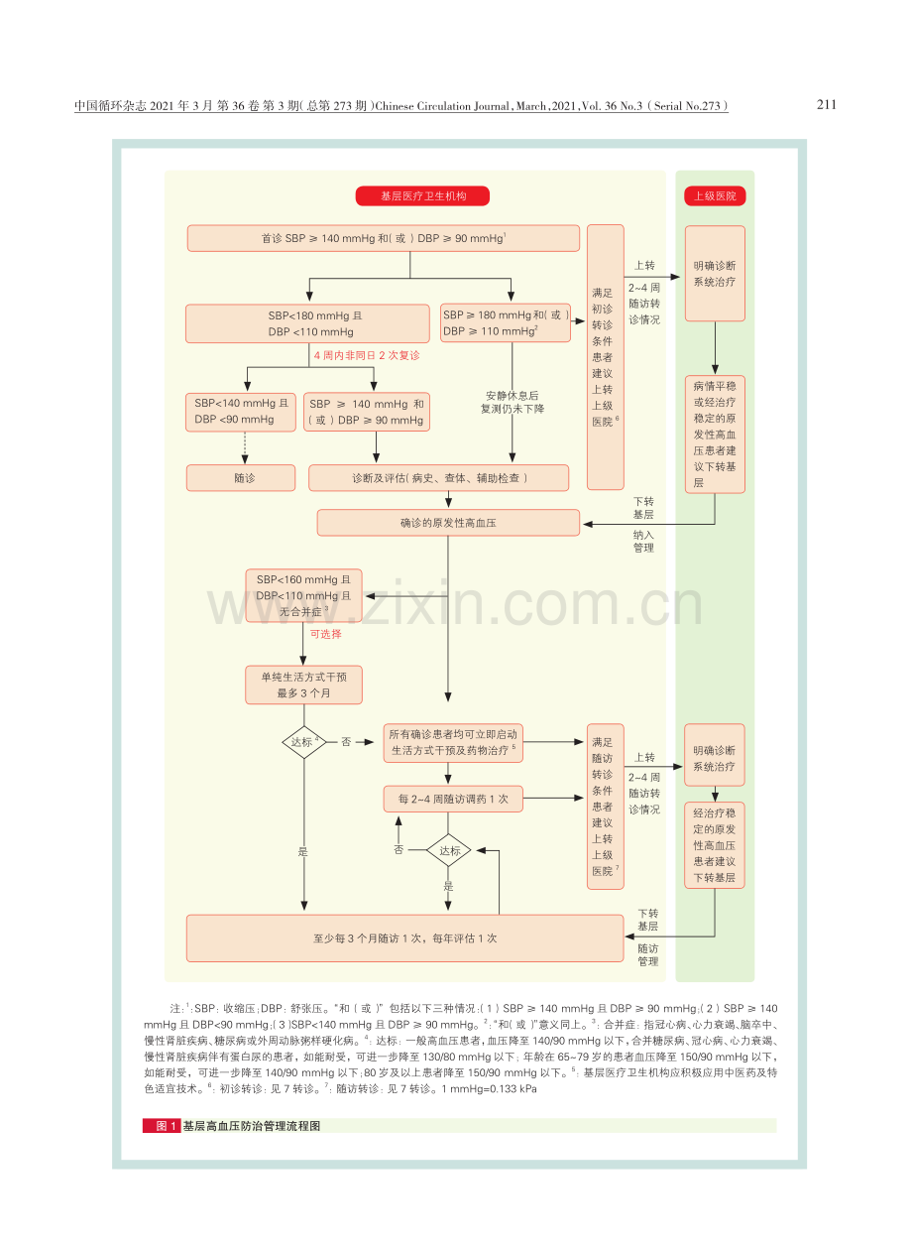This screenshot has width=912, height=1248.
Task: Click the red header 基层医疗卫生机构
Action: coord(422,196)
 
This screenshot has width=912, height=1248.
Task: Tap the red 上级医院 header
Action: coord(715,196)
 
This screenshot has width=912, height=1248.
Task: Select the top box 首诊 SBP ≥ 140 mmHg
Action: coord(383,238)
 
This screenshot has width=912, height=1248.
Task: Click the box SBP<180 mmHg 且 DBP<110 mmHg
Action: coord(307,323)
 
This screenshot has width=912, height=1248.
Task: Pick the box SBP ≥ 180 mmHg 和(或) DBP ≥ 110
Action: coord(505,323)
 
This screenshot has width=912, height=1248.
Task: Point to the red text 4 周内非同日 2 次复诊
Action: coord(367,355)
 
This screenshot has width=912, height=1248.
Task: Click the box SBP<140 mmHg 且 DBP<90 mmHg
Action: coord(241,413)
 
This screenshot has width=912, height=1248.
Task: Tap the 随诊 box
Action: coord(241,478)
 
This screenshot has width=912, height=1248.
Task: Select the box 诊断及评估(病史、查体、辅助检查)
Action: coord(439,478)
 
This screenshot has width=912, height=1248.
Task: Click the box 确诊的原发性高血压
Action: coord(448,523)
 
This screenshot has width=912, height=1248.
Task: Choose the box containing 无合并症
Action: coord(303,595)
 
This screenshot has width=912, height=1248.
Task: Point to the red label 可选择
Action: coord(326,634)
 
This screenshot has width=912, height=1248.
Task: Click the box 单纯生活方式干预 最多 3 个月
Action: coord(303,686)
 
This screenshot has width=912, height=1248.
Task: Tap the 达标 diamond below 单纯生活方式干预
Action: coord(304,742)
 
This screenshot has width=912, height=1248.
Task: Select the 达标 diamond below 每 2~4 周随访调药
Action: coord(449,850)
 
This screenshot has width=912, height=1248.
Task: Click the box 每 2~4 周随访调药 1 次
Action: coord(453,799)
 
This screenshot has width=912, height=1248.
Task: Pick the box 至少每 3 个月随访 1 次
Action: coord(404,938)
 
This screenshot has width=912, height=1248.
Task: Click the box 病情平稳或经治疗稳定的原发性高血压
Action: coord(715,435)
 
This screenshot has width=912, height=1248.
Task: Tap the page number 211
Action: coord(827,105)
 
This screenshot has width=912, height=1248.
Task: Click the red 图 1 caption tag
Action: coord(162,1126)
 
